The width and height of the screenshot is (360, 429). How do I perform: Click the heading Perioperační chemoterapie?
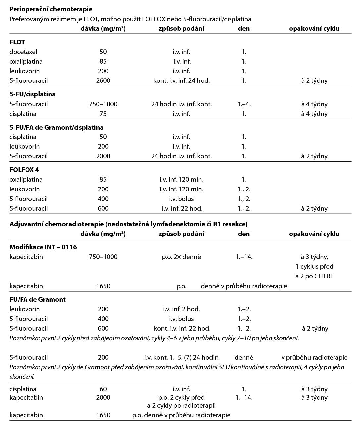(51, 9)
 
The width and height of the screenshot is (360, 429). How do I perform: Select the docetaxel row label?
(23, 52)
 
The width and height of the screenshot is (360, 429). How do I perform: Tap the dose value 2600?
(103, 80)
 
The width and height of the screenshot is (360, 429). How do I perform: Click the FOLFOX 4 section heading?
(24, 170)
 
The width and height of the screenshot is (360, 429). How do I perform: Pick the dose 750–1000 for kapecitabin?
(103, 257)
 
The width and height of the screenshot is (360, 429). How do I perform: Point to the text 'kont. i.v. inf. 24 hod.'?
(181, 80)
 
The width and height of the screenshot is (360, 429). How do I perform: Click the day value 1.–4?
(244, 104)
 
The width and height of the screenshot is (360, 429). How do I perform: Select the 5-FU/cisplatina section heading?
(32, 94)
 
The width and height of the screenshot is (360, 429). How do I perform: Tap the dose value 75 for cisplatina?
(103, 114)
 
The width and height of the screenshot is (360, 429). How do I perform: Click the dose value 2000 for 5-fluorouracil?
(103, 156)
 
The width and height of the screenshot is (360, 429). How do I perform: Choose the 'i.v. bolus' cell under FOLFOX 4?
(181, 199)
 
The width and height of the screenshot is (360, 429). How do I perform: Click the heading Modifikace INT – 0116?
(43, 247)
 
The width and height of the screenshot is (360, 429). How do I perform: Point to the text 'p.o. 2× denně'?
(181, 257)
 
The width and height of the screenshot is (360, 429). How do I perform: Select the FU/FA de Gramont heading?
(37, 300)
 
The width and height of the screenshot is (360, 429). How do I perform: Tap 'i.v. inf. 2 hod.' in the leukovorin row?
(181, 309)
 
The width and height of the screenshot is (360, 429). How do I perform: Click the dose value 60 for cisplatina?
(103, 389)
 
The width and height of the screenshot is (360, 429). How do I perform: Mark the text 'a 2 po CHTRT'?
(314, 276)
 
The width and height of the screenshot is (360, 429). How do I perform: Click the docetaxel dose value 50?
(103, 52)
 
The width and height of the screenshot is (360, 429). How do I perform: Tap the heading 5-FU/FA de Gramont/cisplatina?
(56, 128)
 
